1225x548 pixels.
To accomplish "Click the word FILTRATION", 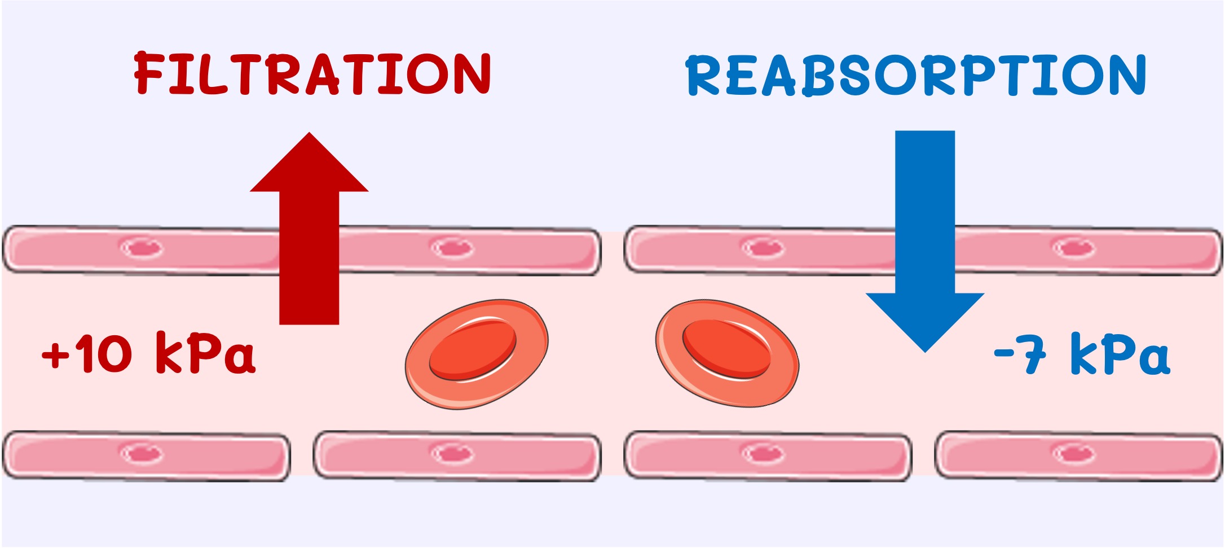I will tap(312, 73).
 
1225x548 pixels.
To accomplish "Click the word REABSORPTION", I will tap(915, 75).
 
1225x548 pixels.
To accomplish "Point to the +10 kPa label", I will tap(149, 354).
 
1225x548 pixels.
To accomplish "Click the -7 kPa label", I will tap(1082, 354).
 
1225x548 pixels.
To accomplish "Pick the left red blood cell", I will tap(477, 354).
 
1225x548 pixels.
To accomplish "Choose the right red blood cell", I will tap(727, 353).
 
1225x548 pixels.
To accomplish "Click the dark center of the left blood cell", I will tap(473, 349).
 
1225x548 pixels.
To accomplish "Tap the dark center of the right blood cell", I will tap(726, 349).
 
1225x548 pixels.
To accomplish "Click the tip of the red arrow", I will tap(309, 135).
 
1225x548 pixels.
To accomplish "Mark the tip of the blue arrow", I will tap(925, 350).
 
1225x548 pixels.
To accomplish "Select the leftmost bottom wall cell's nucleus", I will tap(142, 453).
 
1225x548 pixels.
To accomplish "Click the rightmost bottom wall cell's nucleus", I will tap(1074, 453).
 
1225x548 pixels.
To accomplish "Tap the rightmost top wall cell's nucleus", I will tap(1074, 248).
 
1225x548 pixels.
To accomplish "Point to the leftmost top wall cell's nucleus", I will tap(142, 248).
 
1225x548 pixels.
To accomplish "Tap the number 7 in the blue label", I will tap(1033, 354).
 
